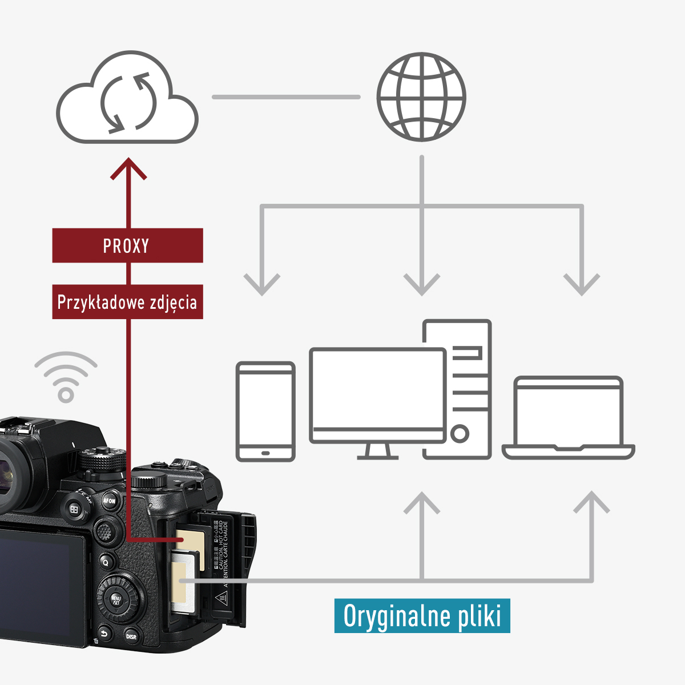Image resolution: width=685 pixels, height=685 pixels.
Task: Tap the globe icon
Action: click(x=421, y=97)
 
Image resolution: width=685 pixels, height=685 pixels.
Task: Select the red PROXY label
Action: click(x=127, y=245)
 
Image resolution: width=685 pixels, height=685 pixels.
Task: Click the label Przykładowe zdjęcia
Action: click(x=127, y=301)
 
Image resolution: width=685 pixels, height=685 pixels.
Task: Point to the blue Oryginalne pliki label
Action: click(x=422, y=616)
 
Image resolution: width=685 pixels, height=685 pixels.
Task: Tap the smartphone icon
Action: click(x=265, y=411)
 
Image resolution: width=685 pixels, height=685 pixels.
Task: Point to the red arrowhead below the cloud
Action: click(x=128, y=168)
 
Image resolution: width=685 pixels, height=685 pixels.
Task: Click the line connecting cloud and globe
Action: click(x=286, y=97)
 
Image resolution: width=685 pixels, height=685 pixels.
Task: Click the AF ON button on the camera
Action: click(x=109, y=501)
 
